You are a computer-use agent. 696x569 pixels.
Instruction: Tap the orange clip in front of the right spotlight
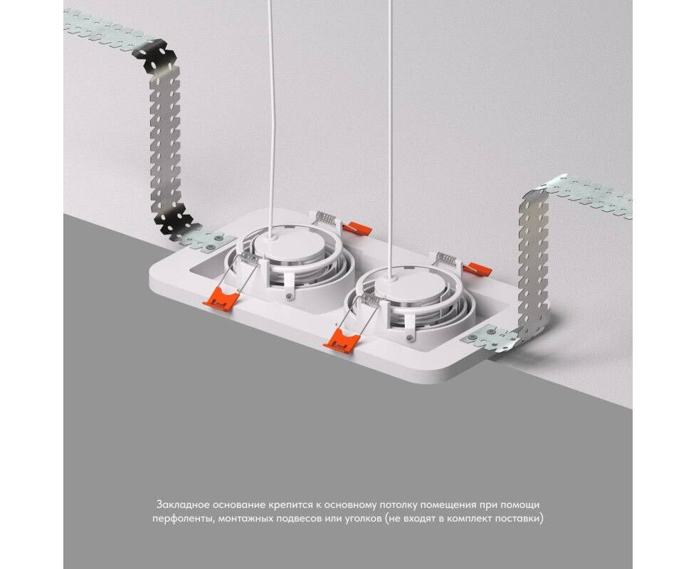pyautogui.click(x=340, y=340)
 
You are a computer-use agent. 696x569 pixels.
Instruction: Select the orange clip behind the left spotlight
pyautogui.click(x=358, y=228)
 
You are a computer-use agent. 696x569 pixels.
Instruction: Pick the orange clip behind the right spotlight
pyautogui.click(x=478, y=267)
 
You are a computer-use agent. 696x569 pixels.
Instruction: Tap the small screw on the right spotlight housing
pyautogui.click(x=410, y=338)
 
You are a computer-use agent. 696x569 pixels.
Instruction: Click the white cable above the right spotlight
pyautogui.click(x=390, y=137)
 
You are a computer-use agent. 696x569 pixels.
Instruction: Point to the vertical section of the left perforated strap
pyautogui.click(x=165, y=142)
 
